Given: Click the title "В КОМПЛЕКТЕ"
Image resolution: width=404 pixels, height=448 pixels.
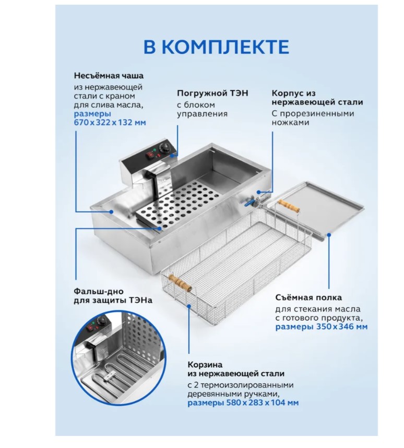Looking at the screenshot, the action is (216, 47).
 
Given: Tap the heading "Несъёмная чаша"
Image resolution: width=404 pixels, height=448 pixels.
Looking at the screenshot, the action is (109, 76).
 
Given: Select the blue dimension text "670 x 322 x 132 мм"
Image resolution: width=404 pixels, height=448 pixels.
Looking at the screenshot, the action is (110, 122).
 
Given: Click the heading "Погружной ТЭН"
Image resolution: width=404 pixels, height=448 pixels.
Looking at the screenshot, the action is (212, 93).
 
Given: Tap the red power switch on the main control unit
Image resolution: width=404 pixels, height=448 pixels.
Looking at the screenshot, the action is (150, 155).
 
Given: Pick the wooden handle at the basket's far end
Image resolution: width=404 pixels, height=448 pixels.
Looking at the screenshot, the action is (289, 205).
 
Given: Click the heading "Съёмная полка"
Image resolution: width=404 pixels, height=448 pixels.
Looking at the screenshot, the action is (308, 298).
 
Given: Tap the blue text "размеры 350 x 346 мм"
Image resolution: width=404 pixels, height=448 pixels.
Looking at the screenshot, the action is (321, 327).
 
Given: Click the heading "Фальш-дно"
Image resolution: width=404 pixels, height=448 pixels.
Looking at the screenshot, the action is (99, 291).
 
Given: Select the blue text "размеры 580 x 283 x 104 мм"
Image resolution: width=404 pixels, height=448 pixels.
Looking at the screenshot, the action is (243, 403).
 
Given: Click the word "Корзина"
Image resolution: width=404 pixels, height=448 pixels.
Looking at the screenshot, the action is (205, 365).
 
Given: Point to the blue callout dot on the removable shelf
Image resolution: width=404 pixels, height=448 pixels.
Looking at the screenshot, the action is (329, 235).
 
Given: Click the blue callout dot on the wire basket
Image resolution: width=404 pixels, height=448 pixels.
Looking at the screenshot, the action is (189, 306).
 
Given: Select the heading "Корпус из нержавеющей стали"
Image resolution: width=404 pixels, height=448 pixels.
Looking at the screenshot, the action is (317, 98).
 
